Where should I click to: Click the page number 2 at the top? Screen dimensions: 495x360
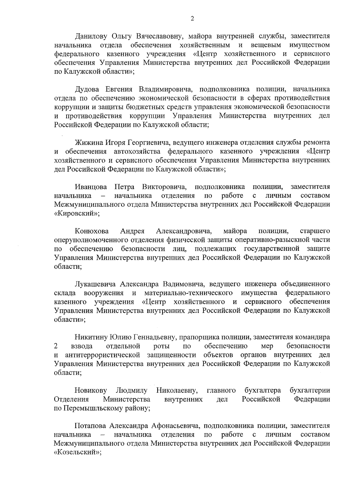point(192,19)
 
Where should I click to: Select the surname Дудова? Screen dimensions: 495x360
point(88,89)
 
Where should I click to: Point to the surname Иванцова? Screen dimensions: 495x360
point(91,187)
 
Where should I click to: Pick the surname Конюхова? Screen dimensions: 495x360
point(92,231)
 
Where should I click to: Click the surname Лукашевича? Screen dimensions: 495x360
point(96,284)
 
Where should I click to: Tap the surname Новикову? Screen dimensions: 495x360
point(91,390)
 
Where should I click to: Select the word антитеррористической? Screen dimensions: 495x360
point(103,355)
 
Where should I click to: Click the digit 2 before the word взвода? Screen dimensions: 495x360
point(56,346)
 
